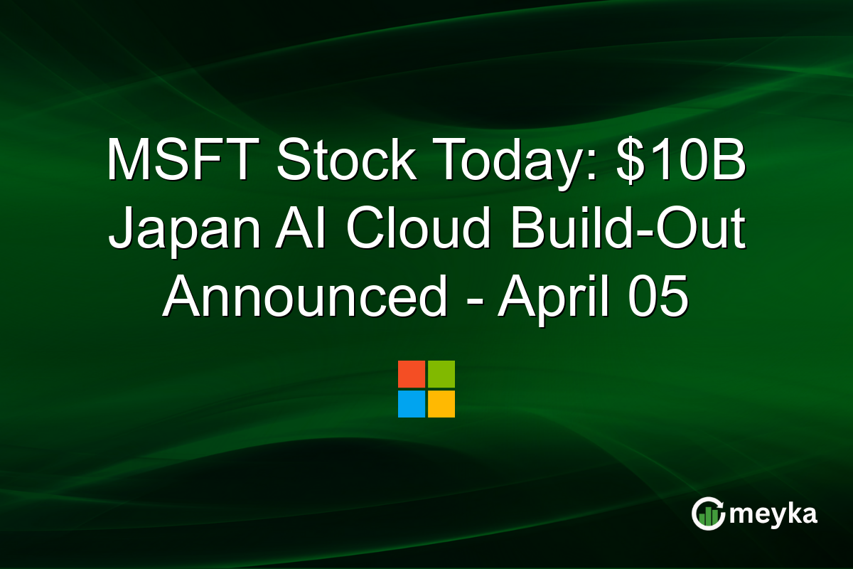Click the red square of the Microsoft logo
(412, 374)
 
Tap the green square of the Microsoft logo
(441, 374)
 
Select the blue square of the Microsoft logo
(412, 404)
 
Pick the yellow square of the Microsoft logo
(441, 404)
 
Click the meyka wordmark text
(775, 514)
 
